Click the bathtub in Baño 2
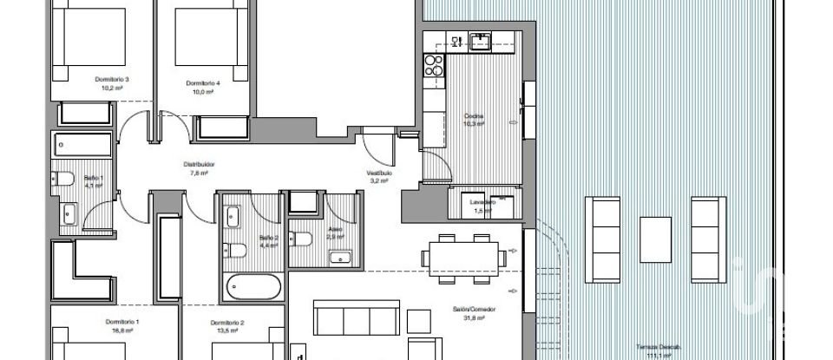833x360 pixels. (253, 286)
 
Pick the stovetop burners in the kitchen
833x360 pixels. (433, 66)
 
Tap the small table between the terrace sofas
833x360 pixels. (655, 235)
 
